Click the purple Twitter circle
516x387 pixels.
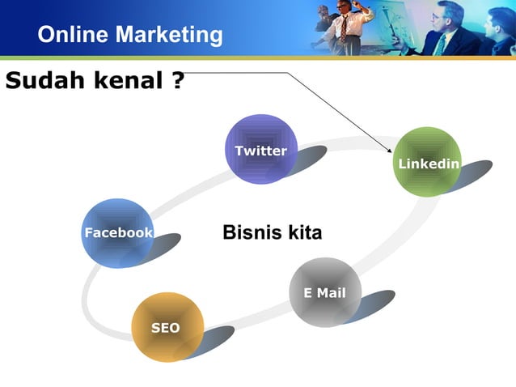pyautogui.click(x=260, y=149)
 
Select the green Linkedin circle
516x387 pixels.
pyautogui.click(x=427, y=162)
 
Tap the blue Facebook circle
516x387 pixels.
pyautogui.click(x=118, y=232)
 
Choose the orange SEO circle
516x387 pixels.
pyautogui.click(x=167, y=327)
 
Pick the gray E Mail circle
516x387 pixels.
pyautogui.click(x=324, y=292)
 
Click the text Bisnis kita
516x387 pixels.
pyautogui.click(x=272, y=233)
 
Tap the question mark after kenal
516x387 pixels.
pyautogui.click(x=177, y=81)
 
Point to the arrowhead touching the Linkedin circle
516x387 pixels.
pyautogui.click(x=390, y=151)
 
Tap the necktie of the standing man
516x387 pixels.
pyautogui.click(x=345, y=29)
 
